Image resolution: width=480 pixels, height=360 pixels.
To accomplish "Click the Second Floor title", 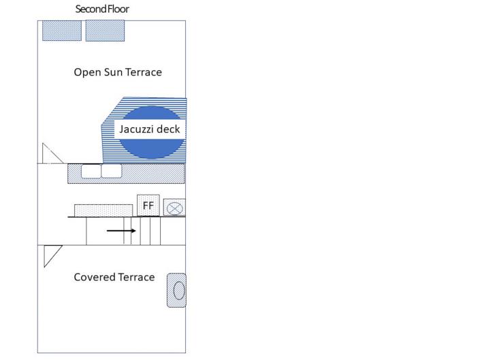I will tap(101, 10).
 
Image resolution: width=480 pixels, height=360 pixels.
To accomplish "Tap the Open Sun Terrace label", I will tap(118, 72).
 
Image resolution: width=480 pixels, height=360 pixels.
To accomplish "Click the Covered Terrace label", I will tap(114, 277).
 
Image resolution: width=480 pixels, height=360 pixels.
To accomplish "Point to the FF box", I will tap(148, 205).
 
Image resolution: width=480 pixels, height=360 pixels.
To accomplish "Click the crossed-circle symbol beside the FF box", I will tap(175, 208).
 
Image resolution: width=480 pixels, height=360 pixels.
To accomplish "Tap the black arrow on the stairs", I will tap(121, 231).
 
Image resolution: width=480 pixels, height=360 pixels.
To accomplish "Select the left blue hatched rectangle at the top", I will tap(62, 31).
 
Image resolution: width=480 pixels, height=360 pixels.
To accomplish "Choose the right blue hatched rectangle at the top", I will tap(105, 31).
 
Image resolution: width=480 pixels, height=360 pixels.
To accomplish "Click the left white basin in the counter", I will tap(91, 171).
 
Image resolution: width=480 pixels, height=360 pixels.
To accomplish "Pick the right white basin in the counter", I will tap(111, 171).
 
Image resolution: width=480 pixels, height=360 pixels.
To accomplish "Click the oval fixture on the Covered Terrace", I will tap(178, 291).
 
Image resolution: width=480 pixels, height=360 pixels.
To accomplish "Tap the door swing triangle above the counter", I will tap(51, 155).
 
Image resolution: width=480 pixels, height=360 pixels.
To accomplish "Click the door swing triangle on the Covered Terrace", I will tap(51, 255).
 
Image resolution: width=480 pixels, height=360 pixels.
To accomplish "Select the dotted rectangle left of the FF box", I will tap(103, 209).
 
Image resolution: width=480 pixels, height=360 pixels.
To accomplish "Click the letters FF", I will tap(148, 205).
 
